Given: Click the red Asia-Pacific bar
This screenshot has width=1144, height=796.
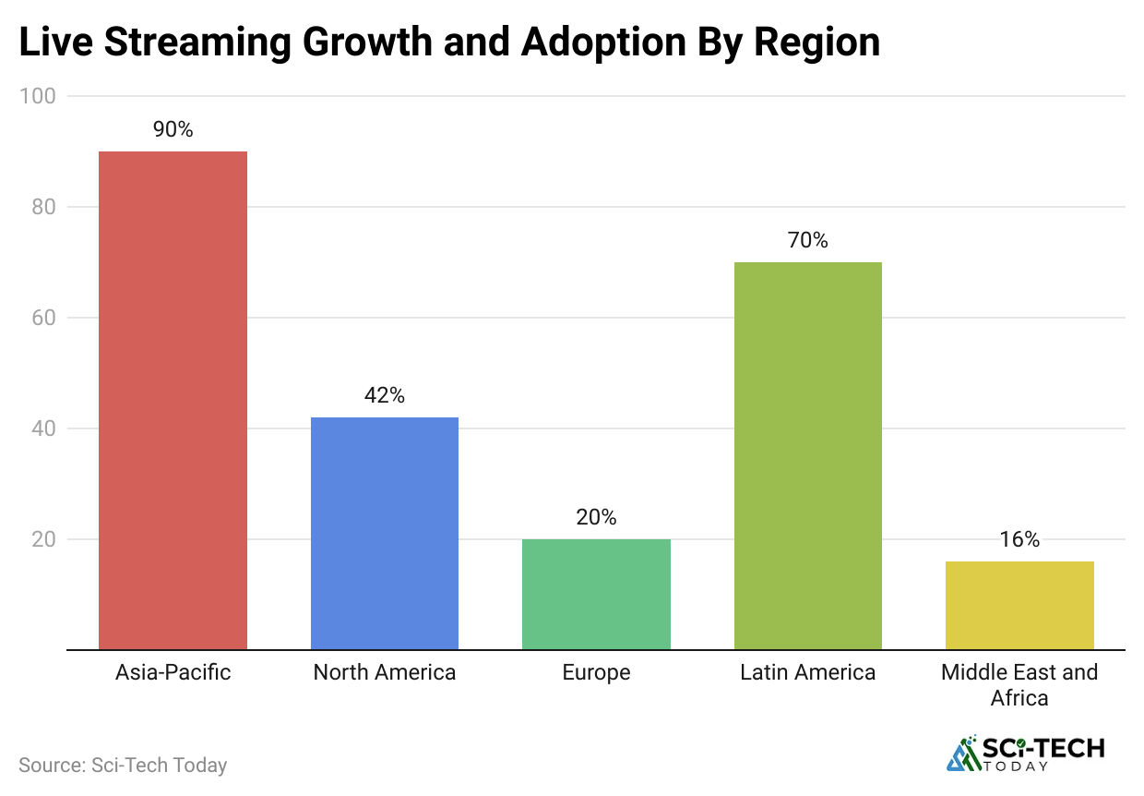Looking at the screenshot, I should [x=173, y=400].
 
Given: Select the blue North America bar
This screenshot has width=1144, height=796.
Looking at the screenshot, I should [x=384, y=533].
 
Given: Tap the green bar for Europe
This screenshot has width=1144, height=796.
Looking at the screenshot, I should [x=596, y=594].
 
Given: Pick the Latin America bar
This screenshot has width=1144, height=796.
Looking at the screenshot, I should [x=807, y=455].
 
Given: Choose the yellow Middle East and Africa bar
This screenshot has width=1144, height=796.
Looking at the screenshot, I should [x=1019, y=605].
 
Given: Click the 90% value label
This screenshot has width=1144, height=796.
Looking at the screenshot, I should [x=173, y=129].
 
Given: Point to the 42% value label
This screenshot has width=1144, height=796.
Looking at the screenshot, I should [x=384, y=395].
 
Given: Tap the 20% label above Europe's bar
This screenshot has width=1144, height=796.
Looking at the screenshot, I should [x=596, y=517].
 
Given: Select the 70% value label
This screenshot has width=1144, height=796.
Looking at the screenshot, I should [x=807, y=240].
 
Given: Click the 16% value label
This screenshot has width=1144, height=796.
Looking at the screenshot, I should [x=1019, y=539].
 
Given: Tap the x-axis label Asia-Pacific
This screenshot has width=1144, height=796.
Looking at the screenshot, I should [x=173, y=672].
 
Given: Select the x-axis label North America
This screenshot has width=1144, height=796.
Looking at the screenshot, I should [x=384, y=672].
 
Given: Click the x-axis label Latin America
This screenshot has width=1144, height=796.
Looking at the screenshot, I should [x=807, y=672].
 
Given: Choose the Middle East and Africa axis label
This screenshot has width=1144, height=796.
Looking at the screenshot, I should [x=1019, y=684].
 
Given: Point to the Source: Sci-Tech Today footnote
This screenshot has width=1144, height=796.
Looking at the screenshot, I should [x=123, y=766].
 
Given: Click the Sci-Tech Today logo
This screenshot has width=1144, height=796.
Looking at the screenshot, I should [x=1025, y=753].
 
